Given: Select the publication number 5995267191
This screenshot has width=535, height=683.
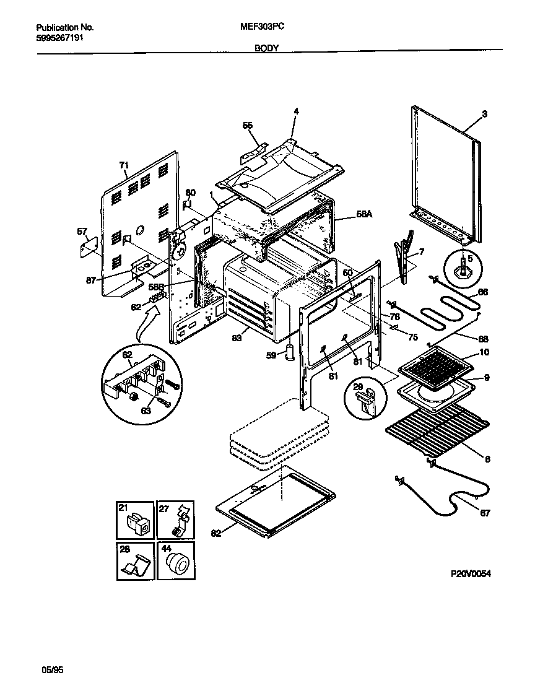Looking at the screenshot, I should (x=61, y=38).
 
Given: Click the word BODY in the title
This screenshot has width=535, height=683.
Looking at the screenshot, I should (x=266, y=48).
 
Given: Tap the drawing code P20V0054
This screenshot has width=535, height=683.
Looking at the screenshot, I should (x=471, y=574).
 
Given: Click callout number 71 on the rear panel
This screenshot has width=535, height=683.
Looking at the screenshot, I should (x=124, y=165).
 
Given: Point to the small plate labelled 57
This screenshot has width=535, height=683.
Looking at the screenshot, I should (x=90, y=246).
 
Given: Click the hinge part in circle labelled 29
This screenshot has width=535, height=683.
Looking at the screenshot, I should (x=369, y=399).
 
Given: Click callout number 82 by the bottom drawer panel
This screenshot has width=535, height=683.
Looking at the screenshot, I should (x=215, y=533).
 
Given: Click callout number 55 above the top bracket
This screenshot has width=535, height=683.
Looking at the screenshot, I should (x=248, y=126).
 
